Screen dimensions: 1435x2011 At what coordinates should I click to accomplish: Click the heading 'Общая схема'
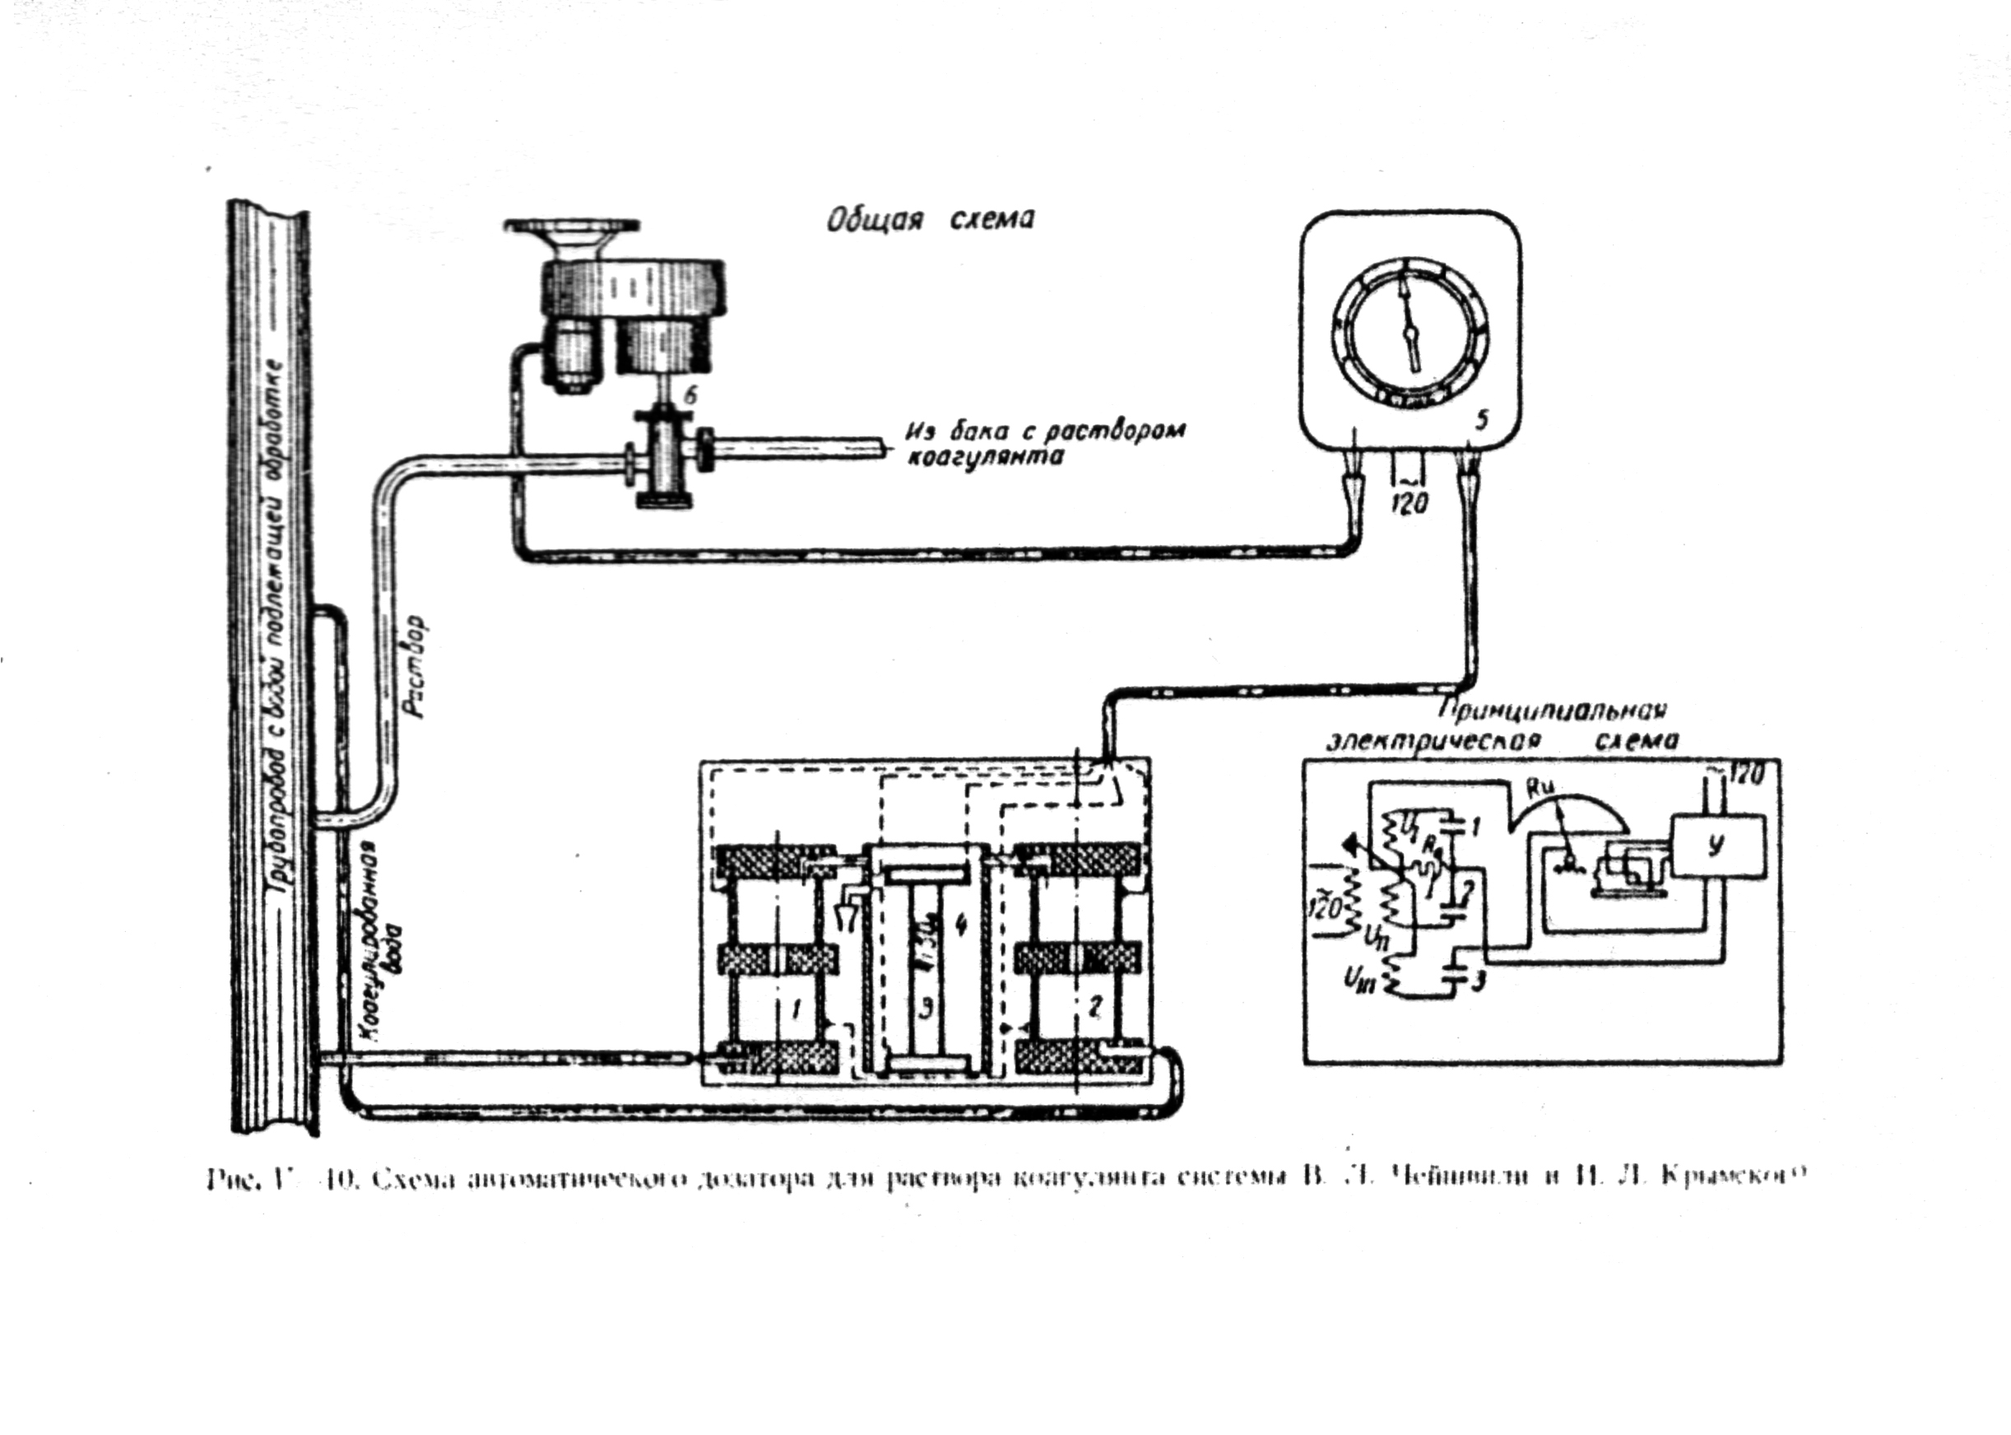coord(929,219)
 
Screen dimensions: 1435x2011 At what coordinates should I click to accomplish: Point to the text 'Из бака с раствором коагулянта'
coord(1043,444)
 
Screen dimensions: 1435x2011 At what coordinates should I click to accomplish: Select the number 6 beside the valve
coord(691,395)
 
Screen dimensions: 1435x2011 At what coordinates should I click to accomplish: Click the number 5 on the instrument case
coord(1481,421)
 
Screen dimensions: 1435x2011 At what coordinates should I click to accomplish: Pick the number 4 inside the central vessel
coord(961,925)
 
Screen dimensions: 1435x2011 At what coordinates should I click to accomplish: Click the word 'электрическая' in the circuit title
coord(1436,739)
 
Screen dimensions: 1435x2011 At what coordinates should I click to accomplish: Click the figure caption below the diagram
coord(1002,1179)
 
